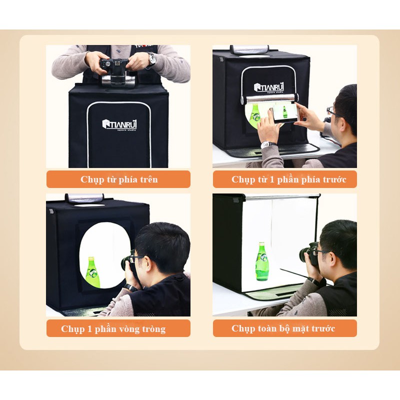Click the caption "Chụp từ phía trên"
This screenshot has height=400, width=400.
coord(119,179)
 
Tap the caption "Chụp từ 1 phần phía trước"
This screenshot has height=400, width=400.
coord(289,179)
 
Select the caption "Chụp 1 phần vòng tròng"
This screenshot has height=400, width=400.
coord(113,329)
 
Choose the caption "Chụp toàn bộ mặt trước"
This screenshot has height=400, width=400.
coord(283,328)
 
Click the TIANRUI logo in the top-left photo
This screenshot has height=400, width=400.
coord(119,124)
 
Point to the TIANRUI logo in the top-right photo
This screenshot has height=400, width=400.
coord(269,87)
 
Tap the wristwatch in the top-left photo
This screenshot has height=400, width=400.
coord(151,59)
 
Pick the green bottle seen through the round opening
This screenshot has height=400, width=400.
coord(93,272)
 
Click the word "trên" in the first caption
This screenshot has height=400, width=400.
coord(148,179)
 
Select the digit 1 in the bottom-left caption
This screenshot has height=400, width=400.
coord(89,328)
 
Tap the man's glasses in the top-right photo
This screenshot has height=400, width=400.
coord(332,111)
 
